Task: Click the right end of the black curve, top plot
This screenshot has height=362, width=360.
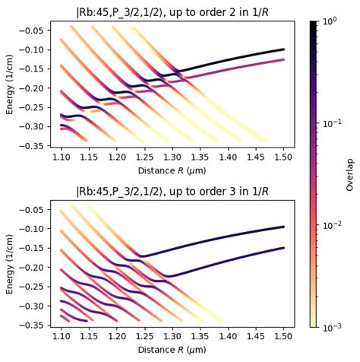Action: point(283,49)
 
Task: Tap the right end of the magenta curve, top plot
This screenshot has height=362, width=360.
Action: point(283,59)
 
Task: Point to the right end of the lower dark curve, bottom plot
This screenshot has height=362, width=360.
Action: point(283,248)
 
